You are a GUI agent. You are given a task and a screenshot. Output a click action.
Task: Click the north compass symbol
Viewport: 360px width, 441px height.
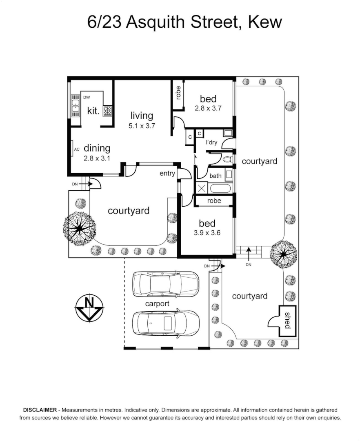89,307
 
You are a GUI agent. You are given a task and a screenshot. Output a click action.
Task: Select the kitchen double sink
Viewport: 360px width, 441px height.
76,105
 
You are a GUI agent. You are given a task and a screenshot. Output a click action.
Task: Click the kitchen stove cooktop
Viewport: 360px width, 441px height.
108,111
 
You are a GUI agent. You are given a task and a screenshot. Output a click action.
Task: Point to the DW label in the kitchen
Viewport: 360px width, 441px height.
87,97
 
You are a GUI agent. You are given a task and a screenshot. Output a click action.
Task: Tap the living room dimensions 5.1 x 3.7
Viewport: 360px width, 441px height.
142,126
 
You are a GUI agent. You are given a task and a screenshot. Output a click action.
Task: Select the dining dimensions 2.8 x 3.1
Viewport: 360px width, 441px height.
97,158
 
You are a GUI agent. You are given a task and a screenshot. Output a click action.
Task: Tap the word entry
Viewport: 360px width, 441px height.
167,174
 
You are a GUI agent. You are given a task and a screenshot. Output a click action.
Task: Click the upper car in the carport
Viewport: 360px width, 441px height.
166,283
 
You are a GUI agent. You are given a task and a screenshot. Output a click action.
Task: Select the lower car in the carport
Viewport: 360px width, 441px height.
166,325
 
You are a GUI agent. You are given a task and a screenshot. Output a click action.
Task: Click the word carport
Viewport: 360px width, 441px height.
158,304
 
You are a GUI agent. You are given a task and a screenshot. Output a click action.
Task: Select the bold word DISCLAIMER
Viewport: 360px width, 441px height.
40,410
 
